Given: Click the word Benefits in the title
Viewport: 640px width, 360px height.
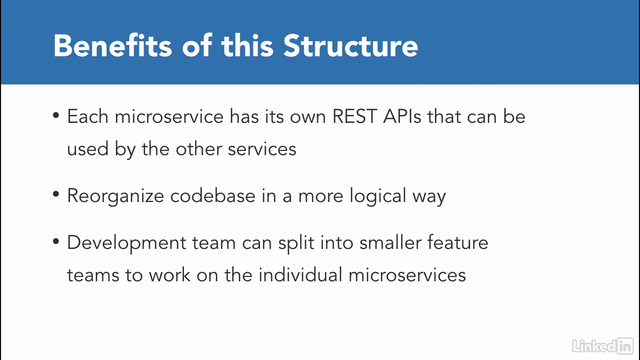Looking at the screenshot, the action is pyautogui.click(x=112, y=45).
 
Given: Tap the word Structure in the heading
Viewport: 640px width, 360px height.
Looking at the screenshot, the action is pyautogui.click(x=350, y=45).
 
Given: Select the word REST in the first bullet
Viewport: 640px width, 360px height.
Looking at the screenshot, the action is pyautogui.click(x=354, y=116).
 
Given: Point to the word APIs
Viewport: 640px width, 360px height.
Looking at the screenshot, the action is pyautogui.click(x=402, y=116).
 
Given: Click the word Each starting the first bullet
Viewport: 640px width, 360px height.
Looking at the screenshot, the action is pyautogui.click(x=87, y=116).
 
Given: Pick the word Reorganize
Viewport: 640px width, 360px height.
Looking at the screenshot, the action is pyautogui.click(x=115, y=196).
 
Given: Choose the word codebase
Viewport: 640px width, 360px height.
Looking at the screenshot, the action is pyautogui.click(x=212, y=195).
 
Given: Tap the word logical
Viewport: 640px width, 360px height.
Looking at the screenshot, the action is pyautogui.click(x=377, y=196).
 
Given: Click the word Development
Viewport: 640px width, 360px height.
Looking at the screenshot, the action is pyautogui.click(x=127, y=243).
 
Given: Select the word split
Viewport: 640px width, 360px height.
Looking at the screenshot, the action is pyautogui.click(x=296, y=243).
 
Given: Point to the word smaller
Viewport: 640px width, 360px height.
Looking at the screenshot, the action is pyautogui.click(x=390, y=242).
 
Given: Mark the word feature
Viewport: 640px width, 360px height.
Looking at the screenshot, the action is pyautogui.click(x=457, y=242).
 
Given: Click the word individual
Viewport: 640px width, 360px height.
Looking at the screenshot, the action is pyautogui.click(x=300, y=275).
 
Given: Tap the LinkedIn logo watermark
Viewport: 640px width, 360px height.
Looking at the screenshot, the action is pyautogui.click(x=602, y=346).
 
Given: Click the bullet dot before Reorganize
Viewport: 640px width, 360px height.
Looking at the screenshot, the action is pyautogui.click(x=56, y=194).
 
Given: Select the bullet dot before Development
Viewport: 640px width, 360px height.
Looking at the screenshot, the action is pyautogui.click(x=56, y=241).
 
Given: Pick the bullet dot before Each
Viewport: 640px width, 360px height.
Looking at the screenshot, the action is pyautogui.click(x=56, y=115).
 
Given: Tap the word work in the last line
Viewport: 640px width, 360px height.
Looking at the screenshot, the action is pyautogui.click(x=169, y=275).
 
